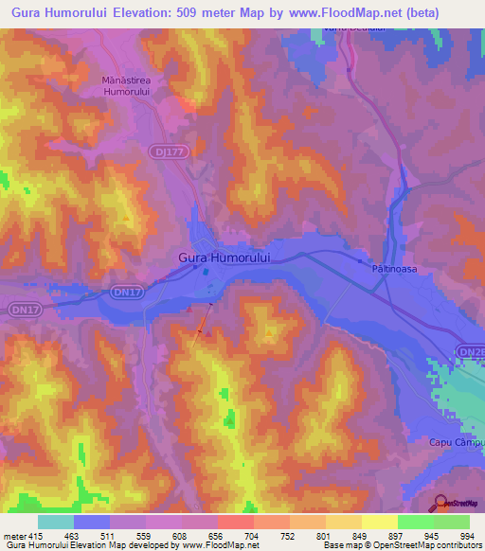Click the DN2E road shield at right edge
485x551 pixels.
pos(471,351)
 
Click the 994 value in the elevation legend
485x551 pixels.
pos(468,536)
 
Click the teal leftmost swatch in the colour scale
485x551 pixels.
pos(56,522)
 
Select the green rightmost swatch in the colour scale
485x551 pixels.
pos(451,522)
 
